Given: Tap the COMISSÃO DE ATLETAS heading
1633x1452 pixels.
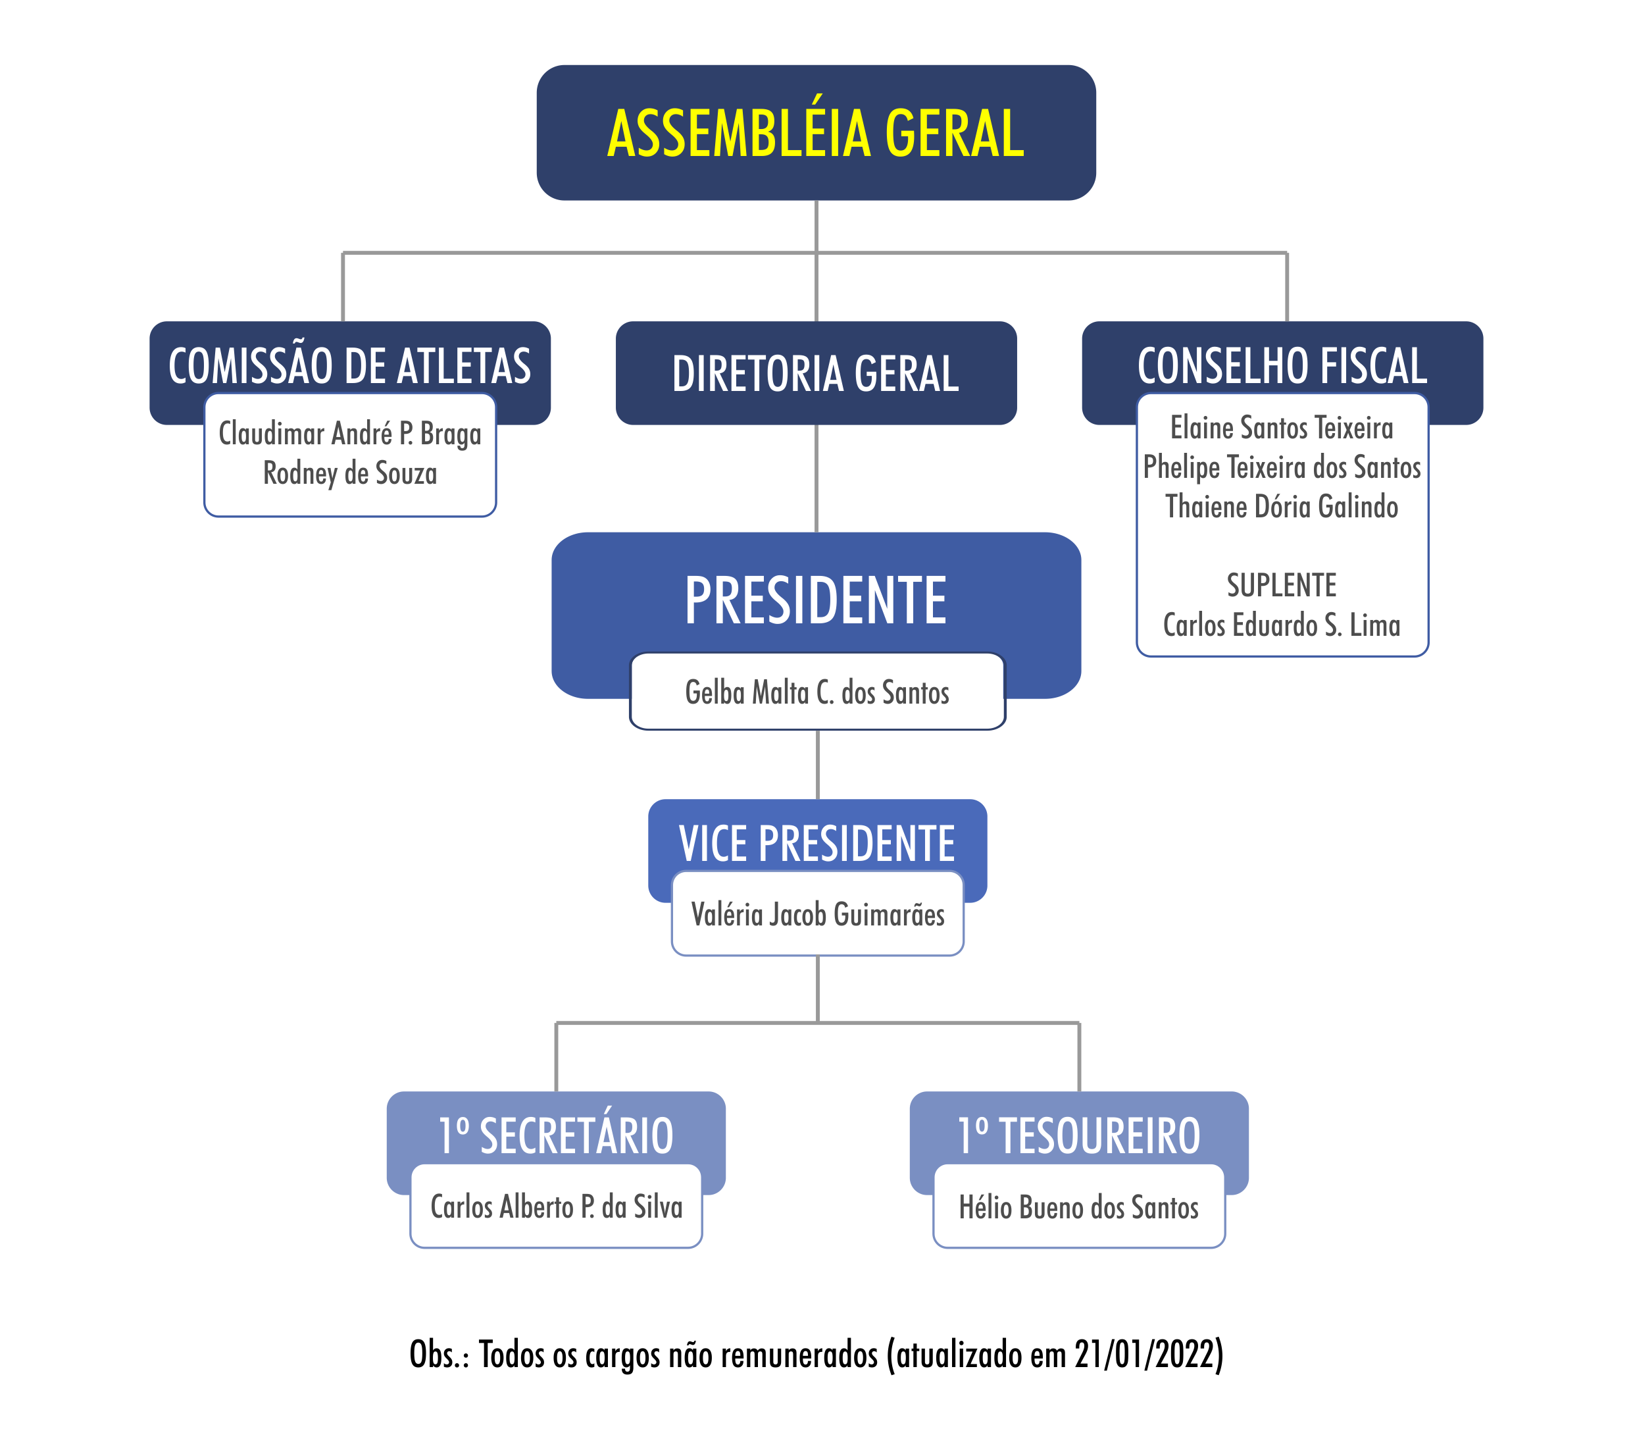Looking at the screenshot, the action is (350, 365).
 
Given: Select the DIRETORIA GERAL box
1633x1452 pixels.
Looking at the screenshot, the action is (816, 373).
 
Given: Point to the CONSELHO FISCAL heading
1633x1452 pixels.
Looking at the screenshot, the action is (1282, 365).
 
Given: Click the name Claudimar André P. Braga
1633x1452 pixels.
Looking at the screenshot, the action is (350, 433).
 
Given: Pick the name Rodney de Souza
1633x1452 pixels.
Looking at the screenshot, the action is (350, 473).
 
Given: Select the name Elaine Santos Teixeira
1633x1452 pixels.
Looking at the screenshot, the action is (1282, 428).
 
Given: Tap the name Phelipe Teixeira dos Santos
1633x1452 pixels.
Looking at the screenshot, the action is (1282, 467).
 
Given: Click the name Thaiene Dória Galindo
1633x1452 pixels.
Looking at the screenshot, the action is (1282, 507).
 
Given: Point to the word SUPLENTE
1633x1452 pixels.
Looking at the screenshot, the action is (1282, 585).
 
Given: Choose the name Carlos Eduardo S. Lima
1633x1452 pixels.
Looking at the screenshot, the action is (1282, 625).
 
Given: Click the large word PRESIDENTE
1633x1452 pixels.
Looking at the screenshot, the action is (816, 600).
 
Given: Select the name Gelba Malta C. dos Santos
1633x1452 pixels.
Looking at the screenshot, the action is (817, 692).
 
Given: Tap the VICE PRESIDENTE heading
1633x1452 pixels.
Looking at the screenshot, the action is (817, 843).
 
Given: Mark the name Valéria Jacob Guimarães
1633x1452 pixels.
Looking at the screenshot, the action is (817, 914).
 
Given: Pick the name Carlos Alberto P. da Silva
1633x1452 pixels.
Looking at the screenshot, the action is (556, 1206).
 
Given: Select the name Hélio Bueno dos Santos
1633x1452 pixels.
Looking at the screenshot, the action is (1079, 1206).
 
